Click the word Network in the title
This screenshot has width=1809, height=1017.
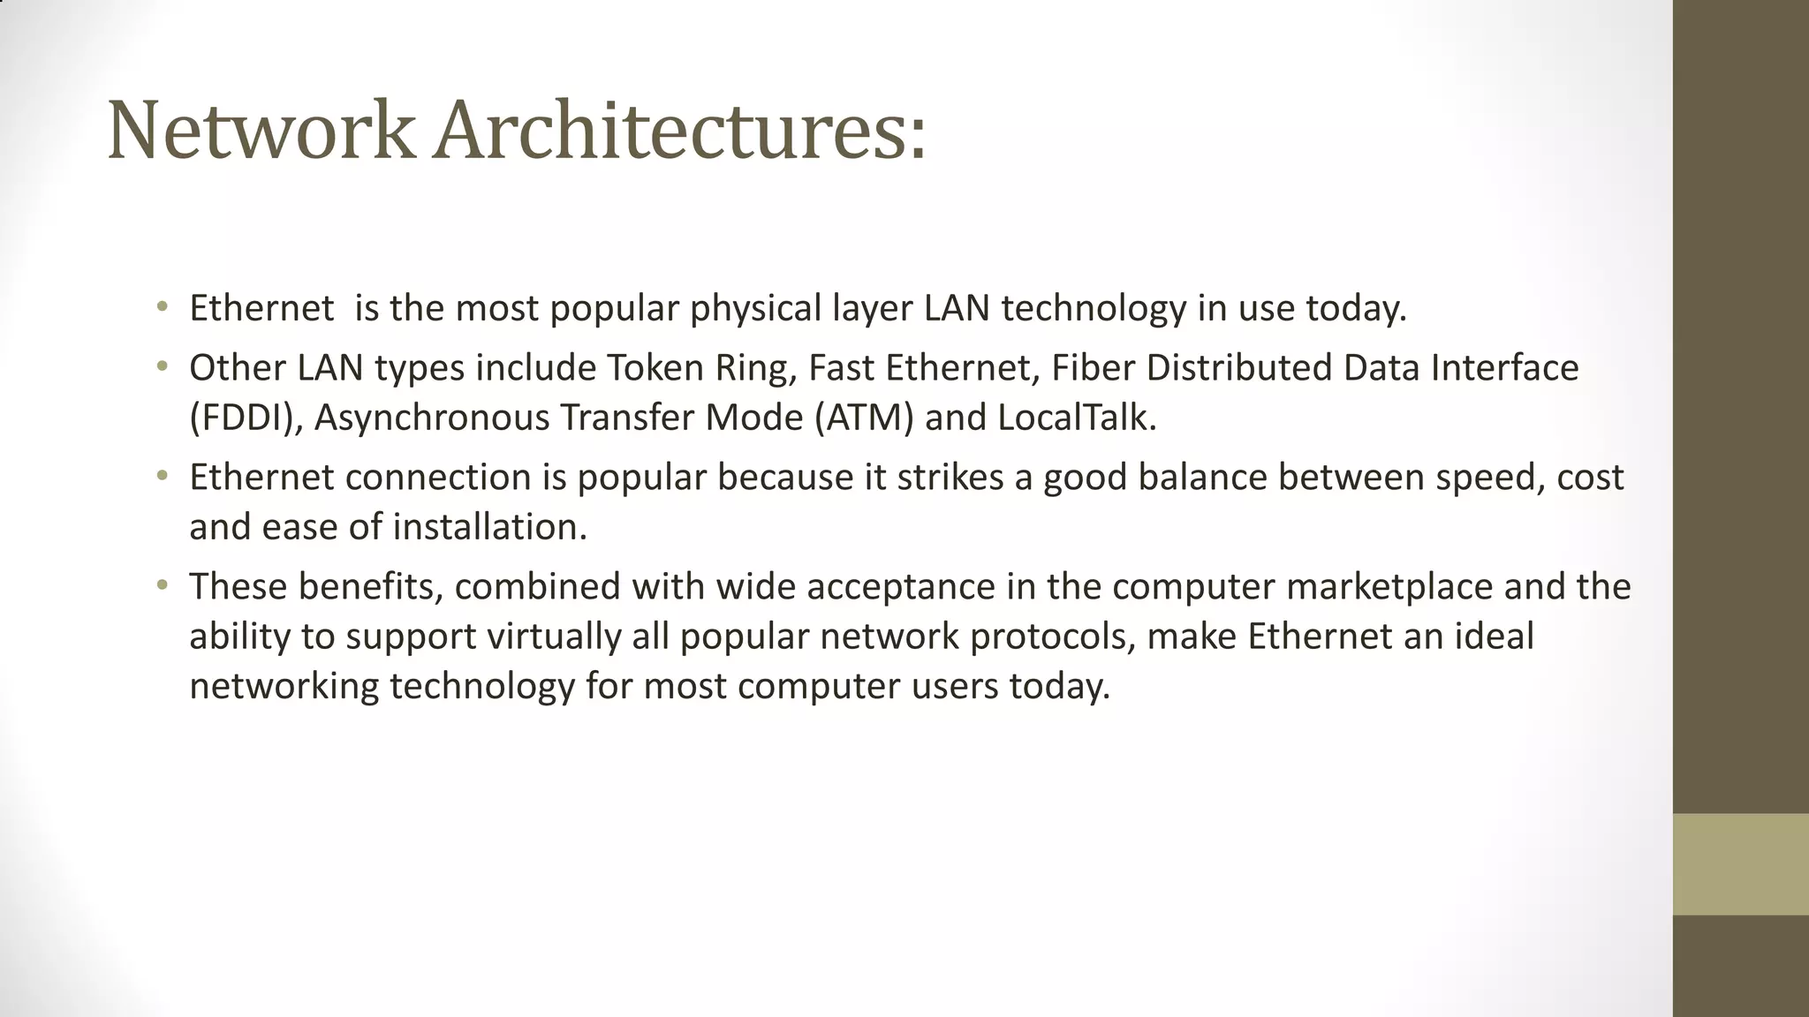[x=261, y=132]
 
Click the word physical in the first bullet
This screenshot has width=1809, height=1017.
[x=755, y=308]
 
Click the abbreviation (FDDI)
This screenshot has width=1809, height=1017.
[x=246, y=418]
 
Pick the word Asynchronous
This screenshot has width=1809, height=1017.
[x=431, y=418]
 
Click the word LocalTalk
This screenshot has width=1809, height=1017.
[x=1076, y=418]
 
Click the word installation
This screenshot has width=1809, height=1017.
[x=489, y=527]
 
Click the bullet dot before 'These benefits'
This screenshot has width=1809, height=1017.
[x=161, y=585]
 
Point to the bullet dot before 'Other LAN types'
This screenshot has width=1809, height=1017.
[x=161, y=366]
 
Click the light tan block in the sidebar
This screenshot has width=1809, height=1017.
[x=1740, y=864]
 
